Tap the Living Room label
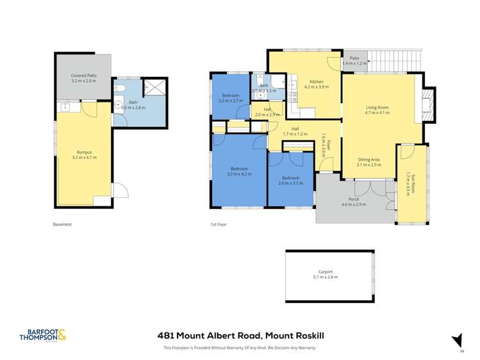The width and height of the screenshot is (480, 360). [377, 107]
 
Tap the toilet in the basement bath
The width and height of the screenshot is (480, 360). [122, 88]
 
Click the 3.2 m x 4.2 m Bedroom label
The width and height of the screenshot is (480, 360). [239, 174]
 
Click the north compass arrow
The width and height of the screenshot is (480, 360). [456, 339]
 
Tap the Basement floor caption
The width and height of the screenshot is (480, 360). [62, 224]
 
